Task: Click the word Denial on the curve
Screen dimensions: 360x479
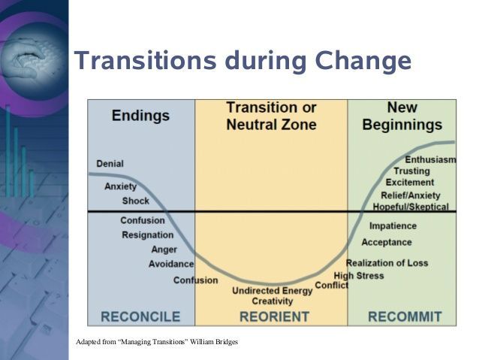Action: (x=110, y=164)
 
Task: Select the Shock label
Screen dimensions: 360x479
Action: (x=135, y=201)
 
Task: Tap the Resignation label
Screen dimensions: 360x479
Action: (x=147, y=235)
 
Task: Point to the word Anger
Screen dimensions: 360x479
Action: (x=164, y=250)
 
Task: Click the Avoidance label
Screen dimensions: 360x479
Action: (x=170, y=264)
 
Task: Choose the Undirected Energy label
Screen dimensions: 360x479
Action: (x=272, y=291)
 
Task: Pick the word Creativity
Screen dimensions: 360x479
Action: (x=272, y=301)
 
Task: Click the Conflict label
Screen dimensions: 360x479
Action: (x=331, y=286)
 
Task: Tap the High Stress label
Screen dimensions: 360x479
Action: (x=359, y=276)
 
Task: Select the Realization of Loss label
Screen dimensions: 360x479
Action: (x=387, y=263)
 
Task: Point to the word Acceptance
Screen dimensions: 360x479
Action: (x=387, y=242)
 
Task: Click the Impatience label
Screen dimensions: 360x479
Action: (x=393, y=225)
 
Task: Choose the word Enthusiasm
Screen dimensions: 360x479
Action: (x=430, y=159)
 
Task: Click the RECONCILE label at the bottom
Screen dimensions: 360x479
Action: (x=140, y=316)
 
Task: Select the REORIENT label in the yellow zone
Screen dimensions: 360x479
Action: (x=274, y=316)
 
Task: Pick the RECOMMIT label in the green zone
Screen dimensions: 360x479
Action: (x=405, y=316)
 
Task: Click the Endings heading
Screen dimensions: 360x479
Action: (x=140, y=116)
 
